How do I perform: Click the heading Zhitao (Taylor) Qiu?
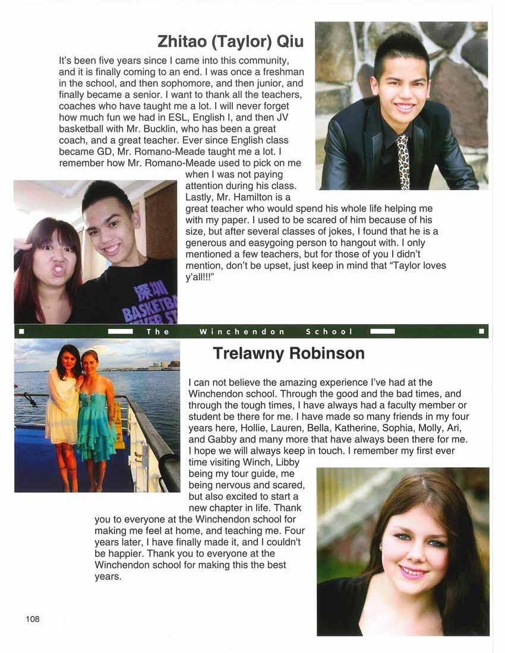point(231,42)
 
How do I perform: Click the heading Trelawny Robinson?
point(288,354)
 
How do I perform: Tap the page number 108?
point(33,619)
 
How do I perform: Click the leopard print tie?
point(403,161)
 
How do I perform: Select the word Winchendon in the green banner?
point(242,332)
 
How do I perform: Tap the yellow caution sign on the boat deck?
point(119,424)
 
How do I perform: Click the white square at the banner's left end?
point(21,331)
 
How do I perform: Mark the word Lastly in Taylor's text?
point(200,197)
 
